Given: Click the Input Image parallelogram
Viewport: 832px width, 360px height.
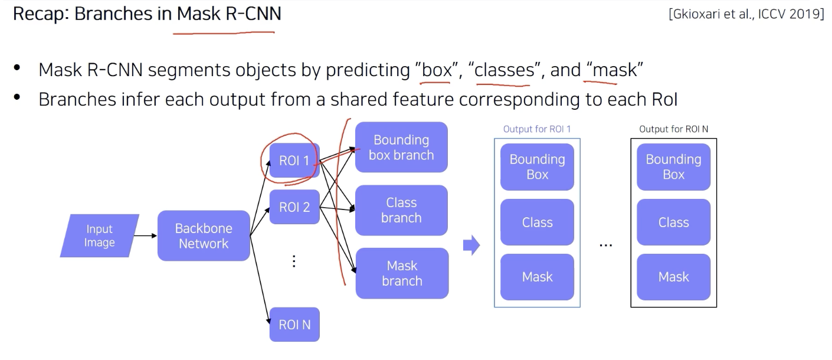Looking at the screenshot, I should click(99, 235).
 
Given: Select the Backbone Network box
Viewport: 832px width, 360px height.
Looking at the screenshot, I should click(204, 235).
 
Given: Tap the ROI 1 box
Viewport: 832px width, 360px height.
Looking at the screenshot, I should click(294, 161).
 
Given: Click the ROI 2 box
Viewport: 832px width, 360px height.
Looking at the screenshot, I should click(294, 207).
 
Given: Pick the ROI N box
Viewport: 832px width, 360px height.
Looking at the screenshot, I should click(294, 325).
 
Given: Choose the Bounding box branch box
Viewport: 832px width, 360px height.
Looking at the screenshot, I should click(401, 148).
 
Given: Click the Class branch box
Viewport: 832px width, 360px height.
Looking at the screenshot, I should click(401, 210).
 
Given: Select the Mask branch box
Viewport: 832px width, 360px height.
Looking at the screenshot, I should click(401, 273).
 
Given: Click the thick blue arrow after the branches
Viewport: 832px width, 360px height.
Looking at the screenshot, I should click(471, 245).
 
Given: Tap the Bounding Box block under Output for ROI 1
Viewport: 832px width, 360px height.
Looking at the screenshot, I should click(537, 167).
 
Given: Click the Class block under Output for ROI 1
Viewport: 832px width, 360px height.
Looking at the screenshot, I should click(537, 222).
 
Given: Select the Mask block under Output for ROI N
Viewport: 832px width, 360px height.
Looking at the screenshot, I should click(673, 277).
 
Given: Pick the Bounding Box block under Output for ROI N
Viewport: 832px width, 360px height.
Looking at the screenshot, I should click(673, 167).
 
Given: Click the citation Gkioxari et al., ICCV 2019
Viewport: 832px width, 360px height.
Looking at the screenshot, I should click(746, 14).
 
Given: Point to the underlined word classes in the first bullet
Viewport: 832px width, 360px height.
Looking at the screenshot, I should click(505, 70).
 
